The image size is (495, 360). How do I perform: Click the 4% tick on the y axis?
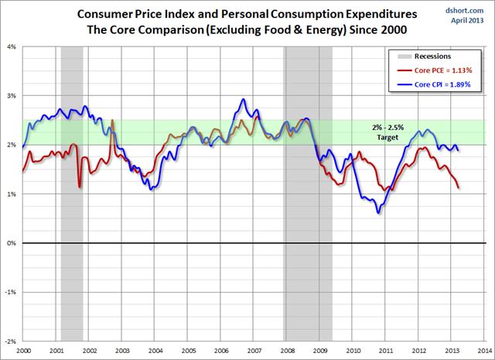point(14,46)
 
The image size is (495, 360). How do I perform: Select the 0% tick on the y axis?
point(14,243)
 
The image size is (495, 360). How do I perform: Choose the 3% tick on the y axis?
point(14,96)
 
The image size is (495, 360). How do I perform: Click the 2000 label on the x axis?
point(23,350)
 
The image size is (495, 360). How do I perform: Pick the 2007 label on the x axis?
point(254,350)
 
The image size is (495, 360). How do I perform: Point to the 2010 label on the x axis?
point(352,350)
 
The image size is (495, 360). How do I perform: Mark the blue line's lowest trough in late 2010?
point(378,213)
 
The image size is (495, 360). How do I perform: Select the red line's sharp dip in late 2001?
point(80,187)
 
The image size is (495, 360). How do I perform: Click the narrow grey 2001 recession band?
point(72,194)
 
